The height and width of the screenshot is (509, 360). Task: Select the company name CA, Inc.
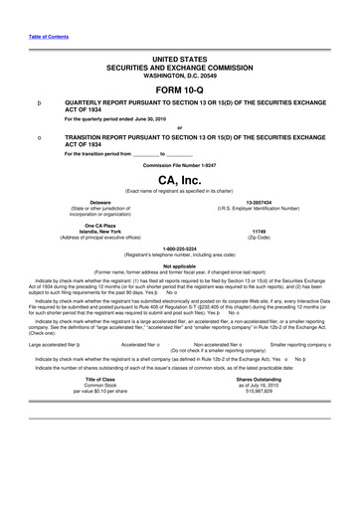(x=180, y=179)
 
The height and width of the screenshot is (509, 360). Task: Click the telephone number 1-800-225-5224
(x=180, y=249)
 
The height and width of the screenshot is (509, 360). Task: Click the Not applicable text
(x=180, y=265)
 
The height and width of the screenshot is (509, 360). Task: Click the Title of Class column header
(x=100, y=408)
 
